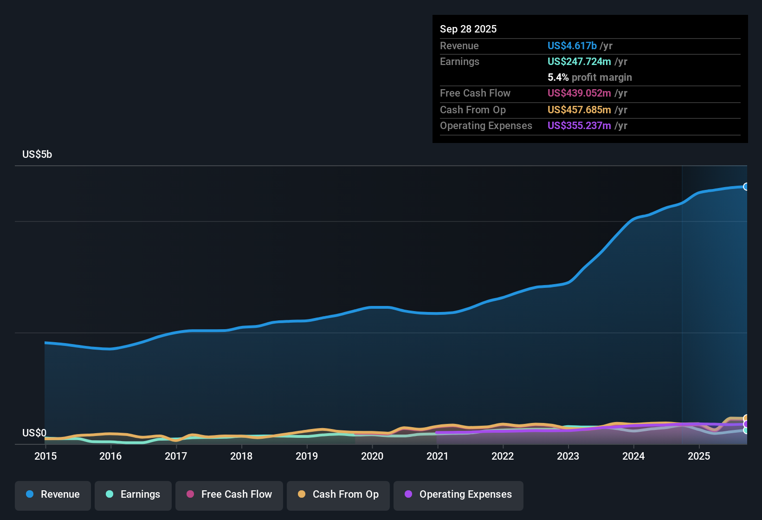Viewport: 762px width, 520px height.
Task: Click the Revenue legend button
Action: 53,494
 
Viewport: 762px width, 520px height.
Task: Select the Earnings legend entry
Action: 133,494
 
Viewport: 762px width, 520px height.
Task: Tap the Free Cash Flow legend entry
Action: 229,494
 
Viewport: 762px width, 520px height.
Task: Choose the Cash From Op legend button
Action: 338,494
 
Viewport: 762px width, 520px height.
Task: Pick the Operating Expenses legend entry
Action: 458,494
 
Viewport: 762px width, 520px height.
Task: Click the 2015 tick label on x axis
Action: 45,456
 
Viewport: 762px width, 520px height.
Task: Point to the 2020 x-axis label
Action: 372,456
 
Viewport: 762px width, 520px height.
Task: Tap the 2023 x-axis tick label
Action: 568,456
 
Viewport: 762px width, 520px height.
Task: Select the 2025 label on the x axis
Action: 699,456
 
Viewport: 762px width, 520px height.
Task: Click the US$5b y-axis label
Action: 37,155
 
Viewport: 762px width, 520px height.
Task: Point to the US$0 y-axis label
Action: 34,433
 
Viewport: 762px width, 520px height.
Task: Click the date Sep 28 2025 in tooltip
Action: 468,29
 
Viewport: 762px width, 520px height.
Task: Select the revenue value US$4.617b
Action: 572,46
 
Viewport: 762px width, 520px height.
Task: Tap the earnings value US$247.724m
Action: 579,62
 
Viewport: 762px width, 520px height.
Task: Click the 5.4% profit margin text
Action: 589,78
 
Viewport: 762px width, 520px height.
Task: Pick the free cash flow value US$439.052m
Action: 579,93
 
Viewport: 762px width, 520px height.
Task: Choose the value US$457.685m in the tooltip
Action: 579,110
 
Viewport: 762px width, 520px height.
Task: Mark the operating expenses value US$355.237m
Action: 579,126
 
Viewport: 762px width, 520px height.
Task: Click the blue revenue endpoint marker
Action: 746,187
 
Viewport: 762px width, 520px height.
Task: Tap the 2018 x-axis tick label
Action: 241,456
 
